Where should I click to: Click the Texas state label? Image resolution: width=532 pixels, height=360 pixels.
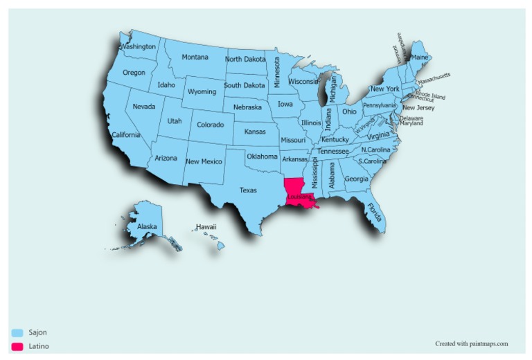point(248,190)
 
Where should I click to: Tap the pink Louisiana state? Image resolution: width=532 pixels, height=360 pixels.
point(294,188)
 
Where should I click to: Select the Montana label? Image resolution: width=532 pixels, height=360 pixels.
point(195,57)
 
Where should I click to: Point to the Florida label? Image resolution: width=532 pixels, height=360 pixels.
point(375,212)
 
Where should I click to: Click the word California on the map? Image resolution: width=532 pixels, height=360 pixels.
point(125,134)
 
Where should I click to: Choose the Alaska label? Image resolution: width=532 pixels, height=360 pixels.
point(147,226)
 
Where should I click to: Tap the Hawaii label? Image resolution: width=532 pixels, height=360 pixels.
point(206,226)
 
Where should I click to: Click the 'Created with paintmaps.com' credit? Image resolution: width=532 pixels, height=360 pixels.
point(472,343)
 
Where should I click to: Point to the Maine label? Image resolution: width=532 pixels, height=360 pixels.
point(420,57)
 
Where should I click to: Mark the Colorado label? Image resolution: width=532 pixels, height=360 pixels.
point(211,125)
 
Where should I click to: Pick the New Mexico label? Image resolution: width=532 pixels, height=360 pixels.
point(204,161)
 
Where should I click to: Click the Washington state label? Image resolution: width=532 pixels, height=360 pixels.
point(138,47)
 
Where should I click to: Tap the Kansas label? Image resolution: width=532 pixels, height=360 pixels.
point(255,131)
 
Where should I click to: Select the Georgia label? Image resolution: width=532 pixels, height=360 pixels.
point(356,179)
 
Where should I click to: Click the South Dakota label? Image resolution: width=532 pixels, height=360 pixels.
point(244,85)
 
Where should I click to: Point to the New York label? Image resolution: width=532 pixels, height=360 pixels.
point(384,89)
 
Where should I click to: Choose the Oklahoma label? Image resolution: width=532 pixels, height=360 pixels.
point(262,156)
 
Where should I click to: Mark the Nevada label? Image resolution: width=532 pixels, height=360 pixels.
point(144,107)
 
